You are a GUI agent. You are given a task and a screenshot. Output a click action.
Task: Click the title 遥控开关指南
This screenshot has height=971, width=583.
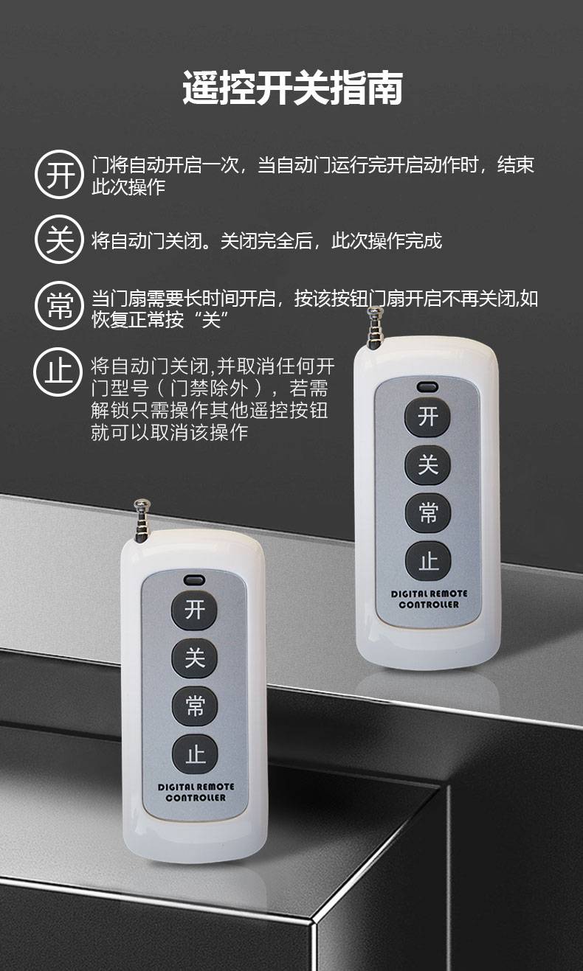[x=293, y=88]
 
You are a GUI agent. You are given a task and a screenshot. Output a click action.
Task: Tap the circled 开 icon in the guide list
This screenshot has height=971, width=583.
[x=59, y=175]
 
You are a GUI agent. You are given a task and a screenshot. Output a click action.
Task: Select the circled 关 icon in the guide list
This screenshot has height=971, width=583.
[x=59, y=240]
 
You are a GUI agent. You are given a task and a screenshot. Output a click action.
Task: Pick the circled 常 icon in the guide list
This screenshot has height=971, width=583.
[x=59, y=306]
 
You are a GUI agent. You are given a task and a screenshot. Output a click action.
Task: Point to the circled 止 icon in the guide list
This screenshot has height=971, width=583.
[x=58, y=372]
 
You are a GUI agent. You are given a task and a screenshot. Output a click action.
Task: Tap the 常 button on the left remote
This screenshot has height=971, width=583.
[x=194, y=706]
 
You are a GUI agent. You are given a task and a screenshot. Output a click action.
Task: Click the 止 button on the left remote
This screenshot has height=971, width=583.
[x=195, y=755]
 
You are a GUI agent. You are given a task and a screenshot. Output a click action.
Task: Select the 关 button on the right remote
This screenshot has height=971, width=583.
[x=428, y=464]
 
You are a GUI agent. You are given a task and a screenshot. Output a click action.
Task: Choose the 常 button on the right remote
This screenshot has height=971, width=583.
[x=428, y=513]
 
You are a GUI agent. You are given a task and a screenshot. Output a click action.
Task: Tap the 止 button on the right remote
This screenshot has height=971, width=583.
[x=429, y=562]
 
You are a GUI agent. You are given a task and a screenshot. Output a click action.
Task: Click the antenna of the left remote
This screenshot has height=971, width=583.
[x=142, y=521]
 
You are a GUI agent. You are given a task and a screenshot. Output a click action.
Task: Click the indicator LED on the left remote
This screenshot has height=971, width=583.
[x=194, y=580]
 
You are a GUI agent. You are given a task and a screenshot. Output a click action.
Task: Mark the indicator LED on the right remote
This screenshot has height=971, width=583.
[x=427, y=386]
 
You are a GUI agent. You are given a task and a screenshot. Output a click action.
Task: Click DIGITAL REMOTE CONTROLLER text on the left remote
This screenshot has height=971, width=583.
[x=196, y=792]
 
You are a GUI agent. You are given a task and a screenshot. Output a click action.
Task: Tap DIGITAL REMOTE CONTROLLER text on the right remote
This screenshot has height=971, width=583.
[x=429, y=599]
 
